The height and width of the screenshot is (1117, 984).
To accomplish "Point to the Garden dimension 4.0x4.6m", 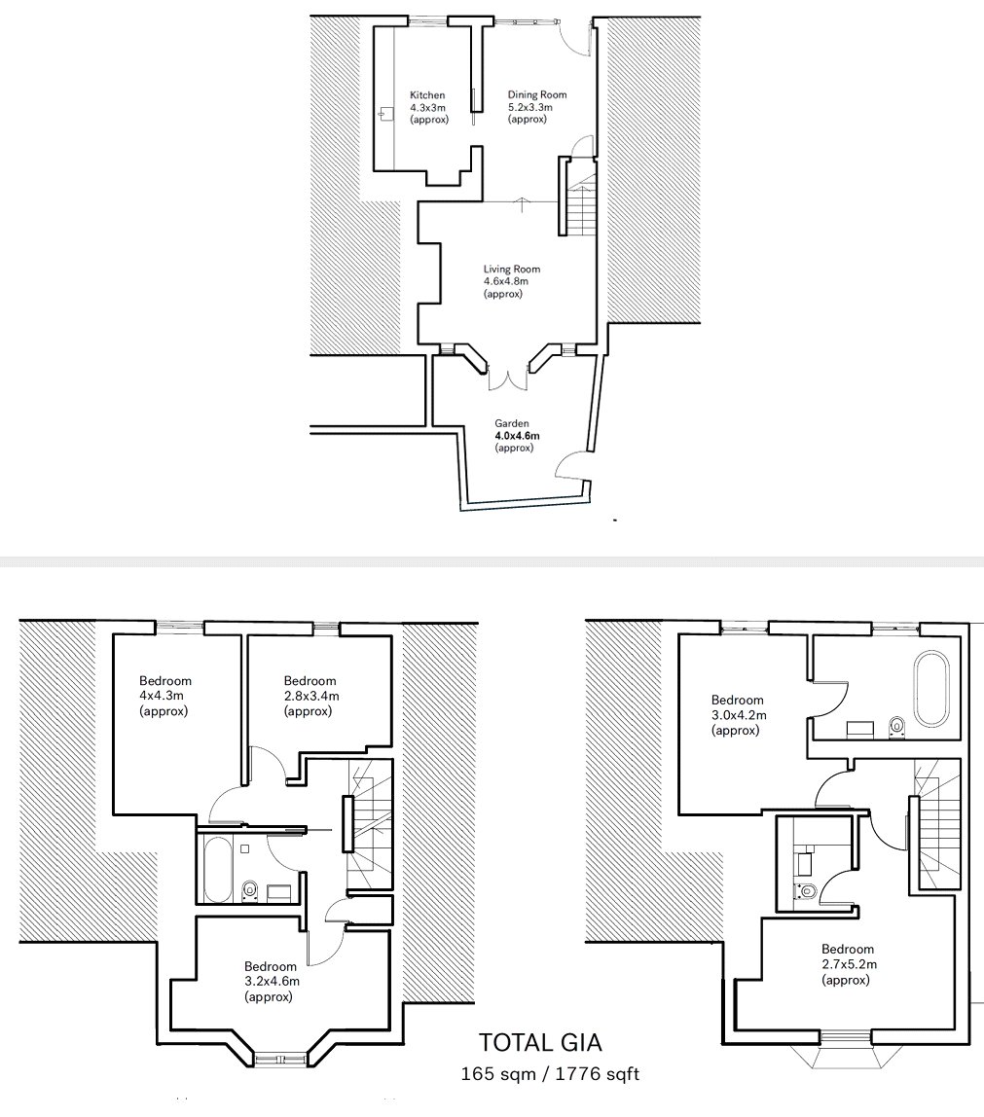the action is click(x=517, y=435).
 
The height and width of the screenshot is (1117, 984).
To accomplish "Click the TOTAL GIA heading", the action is click(x=540, y=1043).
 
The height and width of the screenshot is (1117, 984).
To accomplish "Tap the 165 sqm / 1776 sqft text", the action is click(x=550, y=1073).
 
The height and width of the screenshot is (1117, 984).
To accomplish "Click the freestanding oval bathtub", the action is click(x=932, y=688).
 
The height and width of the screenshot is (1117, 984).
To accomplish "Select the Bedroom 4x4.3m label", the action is click(x=164, y=696).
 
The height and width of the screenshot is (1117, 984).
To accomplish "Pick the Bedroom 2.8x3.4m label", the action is click(x=311, y=696).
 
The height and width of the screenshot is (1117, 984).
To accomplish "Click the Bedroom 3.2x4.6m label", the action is click(x=272, y=982).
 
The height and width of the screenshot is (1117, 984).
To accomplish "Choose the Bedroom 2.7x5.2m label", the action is click(x=849, y=964).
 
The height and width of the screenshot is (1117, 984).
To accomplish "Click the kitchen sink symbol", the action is click(x=385, y=114).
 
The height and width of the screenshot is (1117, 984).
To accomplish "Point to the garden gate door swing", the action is click(x=570, y=464).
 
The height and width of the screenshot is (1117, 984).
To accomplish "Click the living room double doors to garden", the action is click(x=509, y=379).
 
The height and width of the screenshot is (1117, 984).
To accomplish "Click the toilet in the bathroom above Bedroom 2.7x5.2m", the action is click(x=805, y=891).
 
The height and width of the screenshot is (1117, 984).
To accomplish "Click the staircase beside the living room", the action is click(x=582, y=198).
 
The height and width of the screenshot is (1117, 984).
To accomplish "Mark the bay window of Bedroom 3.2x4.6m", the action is click(x=280, y=1059).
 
